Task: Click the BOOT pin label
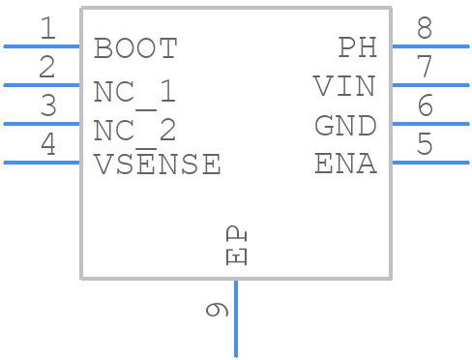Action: tap(135, 48)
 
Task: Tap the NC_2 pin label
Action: tap(134, 130)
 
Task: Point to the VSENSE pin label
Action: tap(157, 165)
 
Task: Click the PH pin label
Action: tap(357, 47)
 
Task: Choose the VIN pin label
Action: tap(344, 87)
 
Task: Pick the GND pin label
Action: tap(345, 126)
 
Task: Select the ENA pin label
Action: tap(345, 165)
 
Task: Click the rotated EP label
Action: tap(235, 246)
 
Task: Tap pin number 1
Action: tap(46, 29)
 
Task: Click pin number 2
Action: tap(46, 68)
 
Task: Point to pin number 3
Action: tap(46, 106)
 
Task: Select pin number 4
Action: tap(46, 145)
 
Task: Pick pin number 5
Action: tap(425, 145)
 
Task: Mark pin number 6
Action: tap(425, 106)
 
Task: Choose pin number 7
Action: tap(425, 68)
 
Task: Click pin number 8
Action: tap(425, 29)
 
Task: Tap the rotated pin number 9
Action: tap(217, 310)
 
